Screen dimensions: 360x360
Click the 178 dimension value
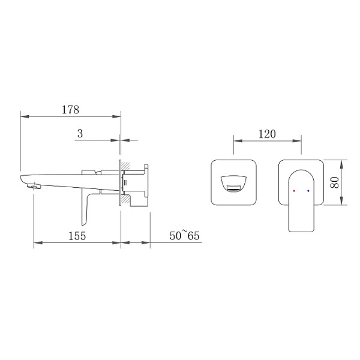point(70,110)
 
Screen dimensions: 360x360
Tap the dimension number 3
point(80,134)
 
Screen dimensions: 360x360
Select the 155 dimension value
point(77,236)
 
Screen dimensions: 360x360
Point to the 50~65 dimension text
point(184,236)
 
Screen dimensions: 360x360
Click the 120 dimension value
point(267,134)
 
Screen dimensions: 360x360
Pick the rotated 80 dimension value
point(335,182)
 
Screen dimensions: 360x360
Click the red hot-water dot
point(294,191)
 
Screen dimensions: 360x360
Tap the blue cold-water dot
point(308,191)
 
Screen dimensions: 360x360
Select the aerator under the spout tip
point(34,186)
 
